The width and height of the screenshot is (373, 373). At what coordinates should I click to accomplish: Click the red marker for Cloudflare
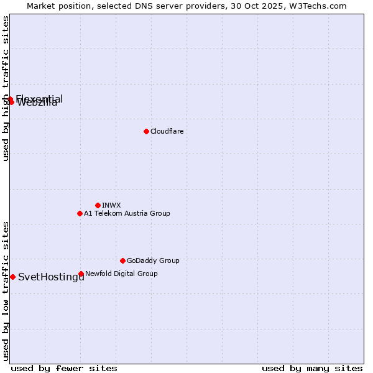[x=146, y=131]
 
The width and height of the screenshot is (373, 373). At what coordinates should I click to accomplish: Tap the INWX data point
[x=98, y=205]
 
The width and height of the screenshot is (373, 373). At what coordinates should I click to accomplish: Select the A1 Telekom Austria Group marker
[x=80, y=213]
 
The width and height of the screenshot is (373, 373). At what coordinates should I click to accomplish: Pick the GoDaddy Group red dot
[x=122, y=260]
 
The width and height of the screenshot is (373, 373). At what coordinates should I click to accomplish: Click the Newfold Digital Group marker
[x=81, y=274]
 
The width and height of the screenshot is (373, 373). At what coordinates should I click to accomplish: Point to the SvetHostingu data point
[x=12, y=277]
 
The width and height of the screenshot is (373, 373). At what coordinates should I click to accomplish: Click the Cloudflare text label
[x=167, y=131]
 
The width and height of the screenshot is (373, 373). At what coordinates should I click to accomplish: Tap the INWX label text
[x=111, y=205]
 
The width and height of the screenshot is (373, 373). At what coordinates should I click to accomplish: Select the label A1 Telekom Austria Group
[x=127, y=213]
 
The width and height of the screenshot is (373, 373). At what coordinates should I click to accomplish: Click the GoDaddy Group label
[x=153, y=260]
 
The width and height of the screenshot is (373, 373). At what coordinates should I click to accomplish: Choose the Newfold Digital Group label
[x=121, y=274]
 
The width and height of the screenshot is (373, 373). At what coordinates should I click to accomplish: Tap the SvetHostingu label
[x=51, y=277]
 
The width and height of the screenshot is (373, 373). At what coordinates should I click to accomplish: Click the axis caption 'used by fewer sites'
[x=64, y=368]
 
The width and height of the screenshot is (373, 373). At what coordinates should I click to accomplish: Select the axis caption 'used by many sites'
[x=312, y=368]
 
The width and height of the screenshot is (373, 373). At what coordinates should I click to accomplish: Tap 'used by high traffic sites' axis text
[x=6, y=88]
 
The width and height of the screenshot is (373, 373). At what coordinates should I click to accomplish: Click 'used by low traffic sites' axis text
[x=6, y=291]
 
